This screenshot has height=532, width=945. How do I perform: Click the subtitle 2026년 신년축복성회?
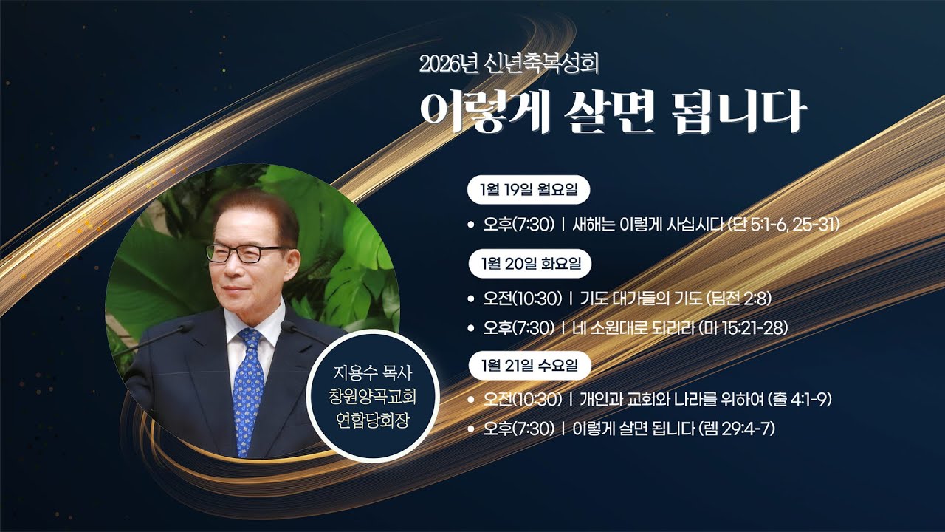(509, 64)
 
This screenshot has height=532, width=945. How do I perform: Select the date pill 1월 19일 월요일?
(528, 190)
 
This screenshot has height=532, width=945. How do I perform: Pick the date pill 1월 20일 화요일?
(528, 263)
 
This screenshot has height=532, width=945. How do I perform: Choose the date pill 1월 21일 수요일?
(528, 364)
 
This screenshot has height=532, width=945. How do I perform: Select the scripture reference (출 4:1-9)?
(800, 400)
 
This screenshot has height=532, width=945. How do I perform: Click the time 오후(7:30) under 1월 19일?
(518, 225)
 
